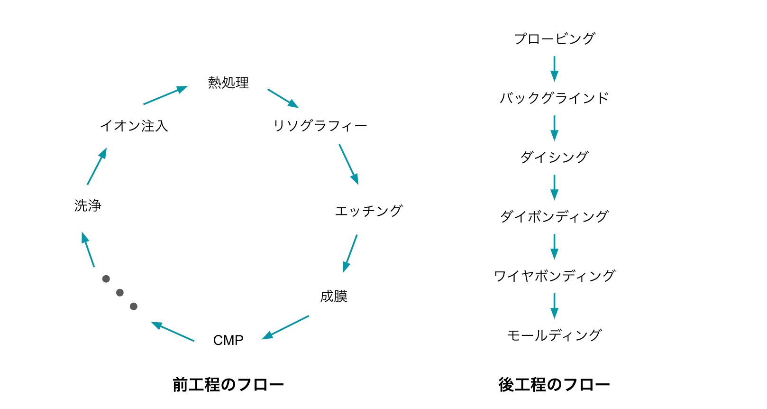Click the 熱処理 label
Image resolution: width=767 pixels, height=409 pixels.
coord(228,83)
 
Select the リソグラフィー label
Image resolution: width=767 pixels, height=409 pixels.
coord(320,126)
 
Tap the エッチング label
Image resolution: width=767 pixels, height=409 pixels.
coord(368,211)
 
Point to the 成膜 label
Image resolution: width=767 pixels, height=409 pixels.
coord(334,296)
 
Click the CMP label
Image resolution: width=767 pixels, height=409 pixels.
coord(228,340)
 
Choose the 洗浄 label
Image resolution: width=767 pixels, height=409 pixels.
coord(88,205)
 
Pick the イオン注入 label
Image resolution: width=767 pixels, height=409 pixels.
coord(134,126)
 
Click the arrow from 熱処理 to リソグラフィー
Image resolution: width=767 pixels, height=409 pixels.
coord(283,98)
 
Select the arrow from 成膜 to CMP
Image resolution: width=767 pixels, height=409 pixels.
coord(285,327)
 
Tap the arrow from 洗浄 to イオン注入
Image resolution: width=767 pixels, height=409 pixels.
coord(97,166)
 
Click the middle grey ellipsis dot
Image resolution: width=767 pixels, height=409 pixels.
coord(120,293)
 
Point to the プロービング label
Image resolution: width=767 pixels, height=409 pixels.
coord(554,38)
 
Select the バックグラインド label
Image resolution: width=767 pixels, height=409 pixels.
coord(554,98)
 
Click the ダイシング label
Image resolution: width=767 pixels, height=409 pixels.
coord(554,157)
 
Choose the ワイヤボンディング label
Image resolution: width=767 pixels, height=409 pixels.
coord(554,276)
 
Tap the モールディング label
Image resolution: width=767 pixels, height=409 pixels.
coord(554,335)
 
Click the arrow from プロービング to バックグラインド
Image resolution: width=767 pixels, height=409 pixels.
coord(554,69)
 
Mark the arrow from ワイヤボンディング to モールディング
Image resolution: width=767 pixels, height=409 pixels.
coord(554,306)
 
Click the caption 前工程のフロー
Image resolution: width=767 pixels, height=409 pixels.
coord(228,384)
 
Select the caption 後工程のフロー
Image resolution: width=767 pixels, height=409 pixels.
coord(554,384)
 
